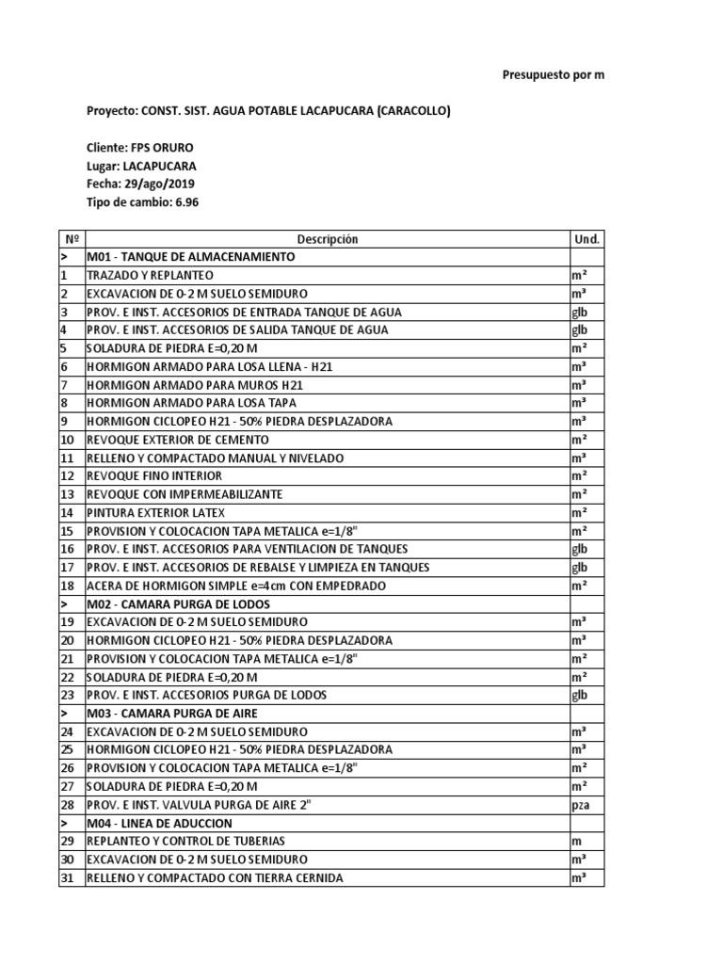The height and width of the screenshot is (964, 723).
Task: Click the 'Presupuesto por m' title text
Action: [553, 74]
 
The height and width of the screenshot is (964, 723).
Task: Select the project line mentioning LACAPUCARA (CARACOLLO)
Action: [268, 111]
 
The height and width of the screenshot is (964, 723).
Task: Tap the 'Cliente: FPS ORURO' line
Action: [141, 148]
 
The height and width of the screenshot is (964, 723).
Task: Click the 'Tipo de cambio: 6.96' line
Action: [143, 202]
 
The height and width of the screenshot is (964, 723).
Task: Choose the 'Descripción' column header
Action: [328, 239]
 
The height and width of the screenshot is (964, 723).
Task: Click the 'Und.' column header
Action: [586, 239]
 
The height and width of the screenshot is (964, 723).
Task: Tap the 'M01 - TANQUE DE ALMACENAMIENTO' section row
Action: [190, 257]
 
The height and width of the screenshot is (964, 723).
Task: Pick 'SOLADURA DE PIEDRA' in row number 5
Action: [171, 348]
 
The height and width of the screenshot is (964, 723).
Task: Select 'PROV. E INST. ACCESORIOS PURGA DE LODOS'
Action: [206, 696]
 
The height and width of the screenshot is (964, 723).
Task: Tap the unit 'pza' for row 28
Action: [580, 806]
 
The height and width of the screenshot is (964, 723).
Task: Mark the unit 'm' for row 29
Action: [575, 842]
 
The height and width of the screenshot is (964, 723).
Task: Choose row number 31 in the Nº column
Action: [67, 878]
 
